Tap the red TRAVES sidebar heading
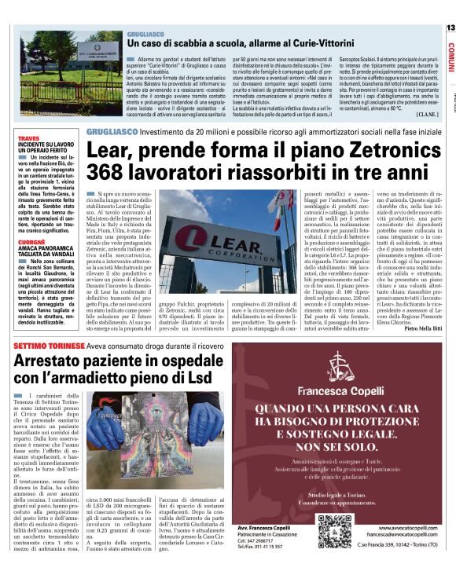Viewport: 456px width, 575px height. pyautogui.click(x=28, y=138)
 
